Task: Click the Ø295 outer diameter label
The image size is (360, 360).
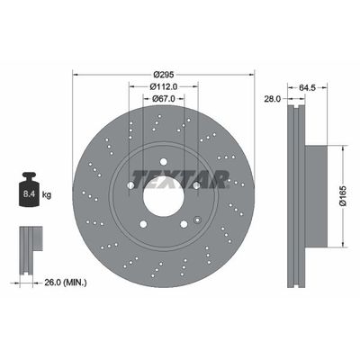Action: click(163, 74)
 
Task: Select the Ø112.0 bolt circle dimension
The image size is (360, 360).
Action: click(163, 86)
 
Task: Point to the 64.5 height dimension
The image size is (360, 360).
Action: click(306, 88)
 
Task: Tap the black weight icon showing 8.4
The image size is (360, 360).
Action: click(30, 190)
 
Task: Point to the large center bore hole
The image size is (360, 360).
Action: click(163, 196)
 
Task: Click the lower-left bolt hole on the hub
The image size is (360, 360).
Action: click(143, 224)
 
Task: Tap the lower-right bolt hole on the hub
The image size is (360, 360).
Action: click(183, 224)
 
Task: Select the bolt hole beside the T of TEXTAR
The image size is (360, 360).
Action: click(130, 185)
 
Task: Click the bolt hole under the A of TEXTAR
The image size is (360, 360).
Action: click(195, 185)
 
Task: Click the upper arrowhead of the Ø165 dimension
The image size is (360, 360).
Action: click(342, 148)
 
